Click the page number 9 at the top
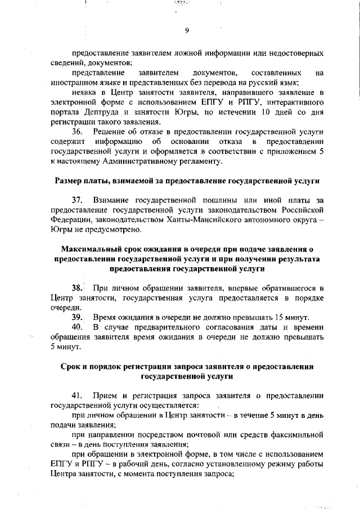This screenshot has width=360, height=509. (x=186, y=30)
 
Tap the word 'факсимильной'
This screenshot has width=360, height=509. (x=295, y=434)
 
